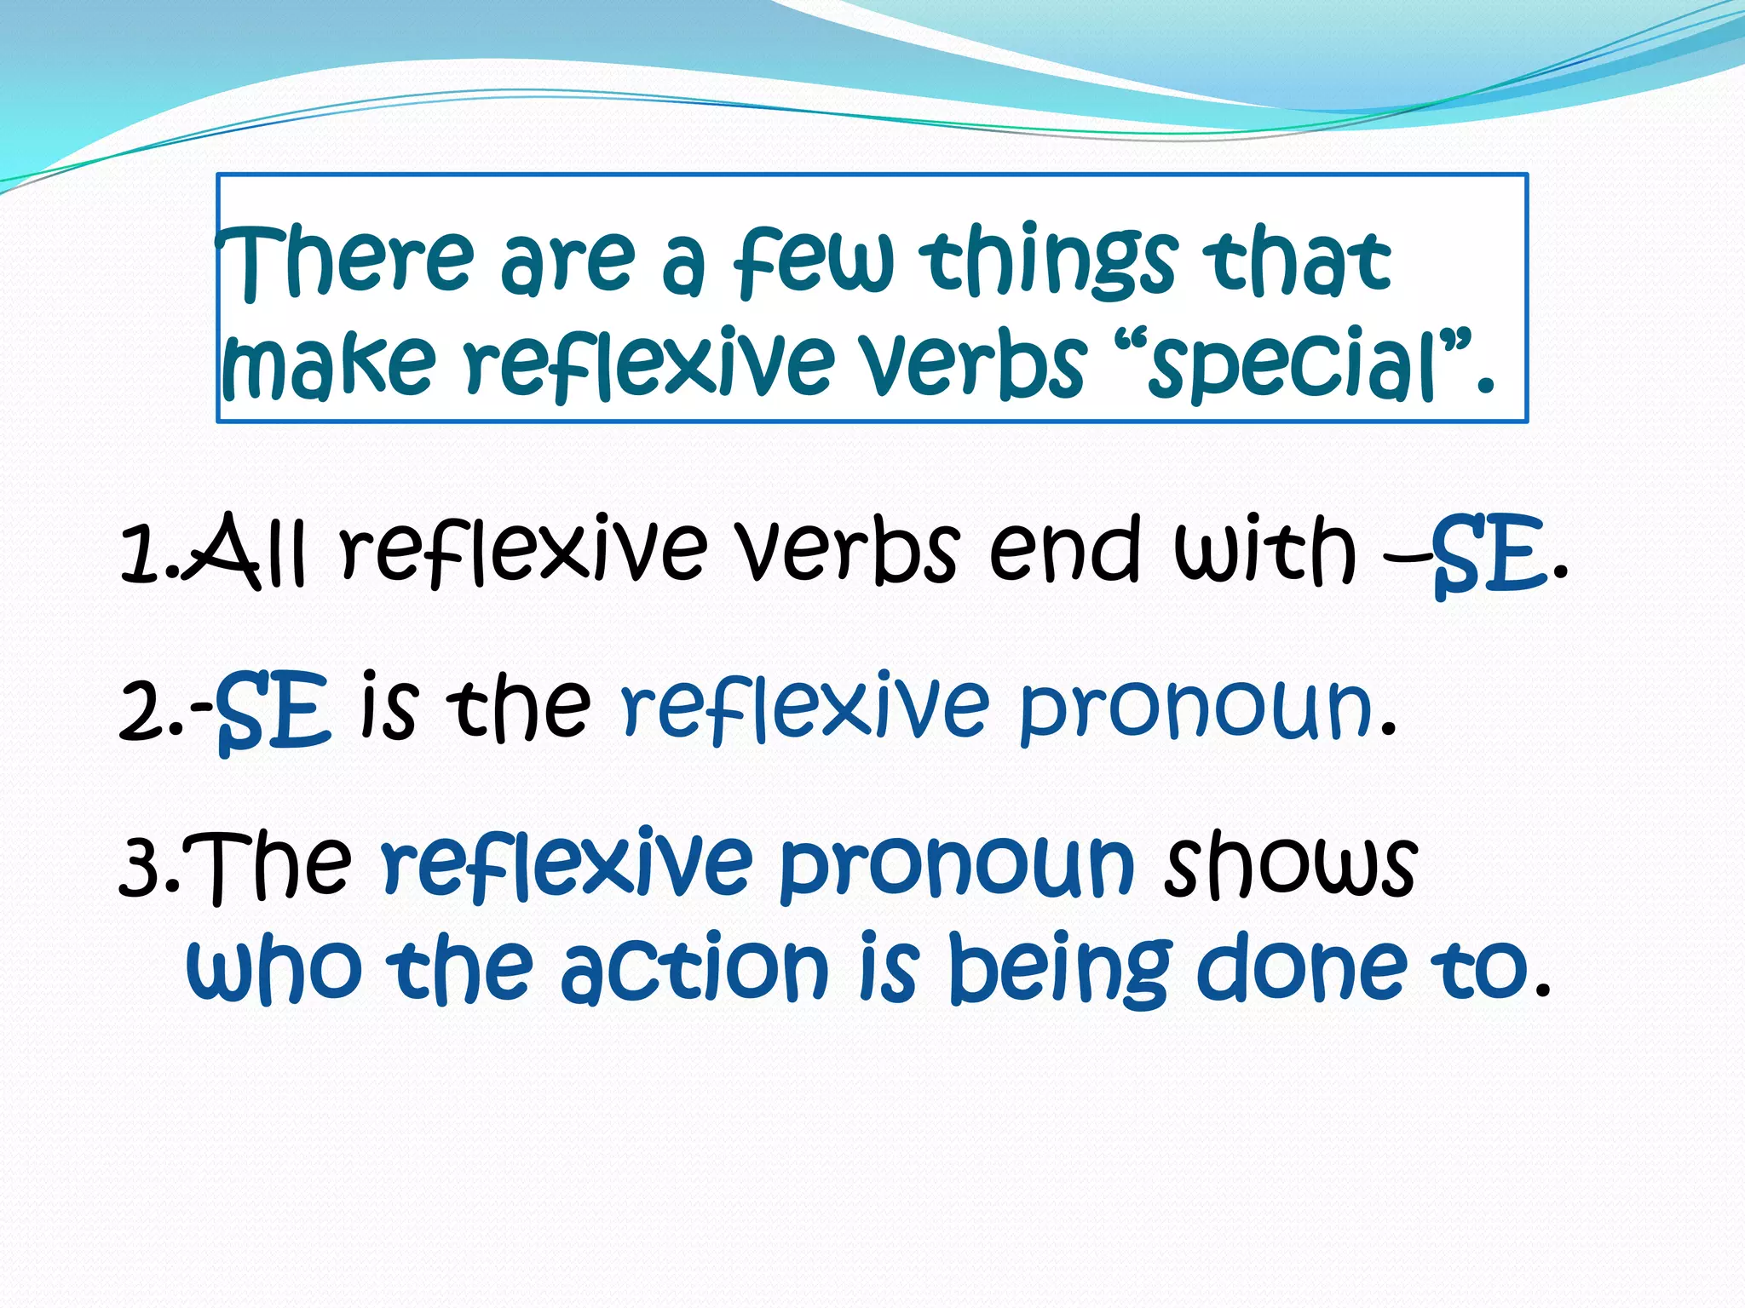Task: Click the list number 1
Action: click(141, 554)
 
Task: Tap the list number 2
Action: click(145, 711)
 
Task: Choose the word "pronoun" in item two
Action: click(1196, 711)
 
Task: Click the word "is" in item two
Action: click(389, 705)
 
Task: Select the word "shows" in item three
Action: click(1290, 864)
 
